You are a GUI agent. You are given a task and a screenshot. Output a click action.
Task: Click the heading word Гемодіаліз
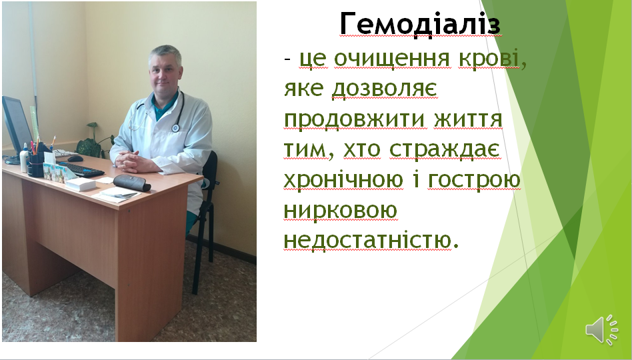pos(420,23)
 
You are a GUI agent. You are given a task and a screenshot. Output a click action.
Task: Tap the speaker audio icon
pos(601,330)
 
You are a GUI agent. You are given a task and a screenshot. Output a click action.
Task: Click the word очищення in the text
pos(391,59)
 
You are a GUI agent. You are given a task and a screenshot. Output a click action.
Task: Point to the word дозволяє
pos(384,89)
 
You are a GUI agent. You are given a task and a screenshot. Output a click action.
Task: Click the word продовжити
pos(354,120)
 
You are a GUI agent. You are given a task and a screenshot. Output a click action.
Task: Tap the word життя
pos(469,119)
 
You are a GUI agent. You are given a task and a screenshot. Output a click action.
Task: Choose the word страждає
pos(445,150)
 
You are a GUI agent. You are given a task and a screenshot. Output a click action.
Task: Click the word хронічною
pos(343,180)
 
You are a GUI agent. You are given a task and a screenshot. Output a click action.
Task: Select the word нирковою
pos(341,211)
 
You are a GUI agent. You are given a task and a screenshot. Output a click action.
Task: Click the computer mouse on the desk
pos(75,159)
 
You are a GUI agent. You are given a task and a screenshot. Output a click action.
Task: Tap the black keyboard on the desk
pos(82,169)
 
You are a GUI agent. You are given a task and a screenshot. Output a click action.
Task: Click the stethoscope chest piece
pos(175,128)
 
